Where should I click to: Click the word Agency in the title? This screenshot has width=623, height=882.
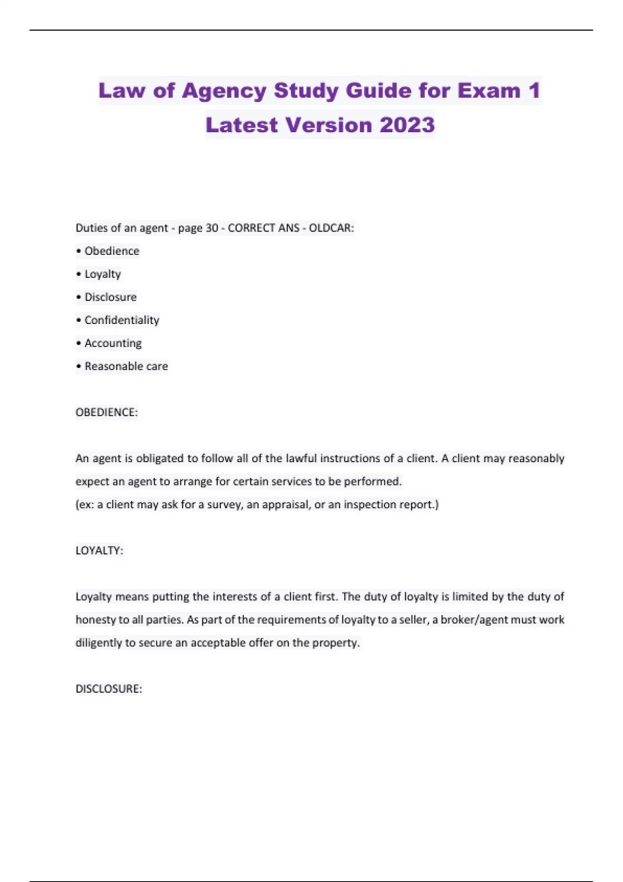[224, 91]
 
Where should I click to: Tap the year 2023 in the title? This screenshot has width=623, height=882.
[407, 125]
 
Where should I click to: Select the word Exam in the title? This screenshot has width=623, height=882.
[489, 91]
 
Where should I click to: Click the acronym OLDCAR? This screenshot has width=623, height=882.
[331, 228]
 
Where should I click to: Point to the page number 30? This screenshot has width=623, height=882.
[212, 228]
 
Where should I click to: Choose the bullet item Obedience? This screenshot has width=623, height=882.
[112, 251]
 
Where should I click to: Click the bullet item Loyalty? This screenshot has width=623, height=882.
[103, 274]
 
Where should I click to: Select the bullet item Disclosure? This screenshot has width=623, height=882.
[111, 297]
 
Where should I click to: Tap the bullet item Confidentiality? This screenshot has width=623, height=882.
[121, 320]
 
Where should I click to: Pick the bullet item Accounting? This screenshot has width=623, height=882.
[113, 343]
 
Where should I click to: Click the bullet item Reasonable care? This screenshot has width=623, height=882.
[126, 366]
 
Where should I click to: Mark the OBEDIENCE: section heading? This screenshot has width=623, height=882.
[106, 412]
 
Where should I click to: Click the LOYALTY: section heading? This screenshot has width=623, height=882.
[99, 550]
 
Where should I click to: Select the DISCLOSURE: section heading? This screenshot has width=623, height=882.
[109, 689]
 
